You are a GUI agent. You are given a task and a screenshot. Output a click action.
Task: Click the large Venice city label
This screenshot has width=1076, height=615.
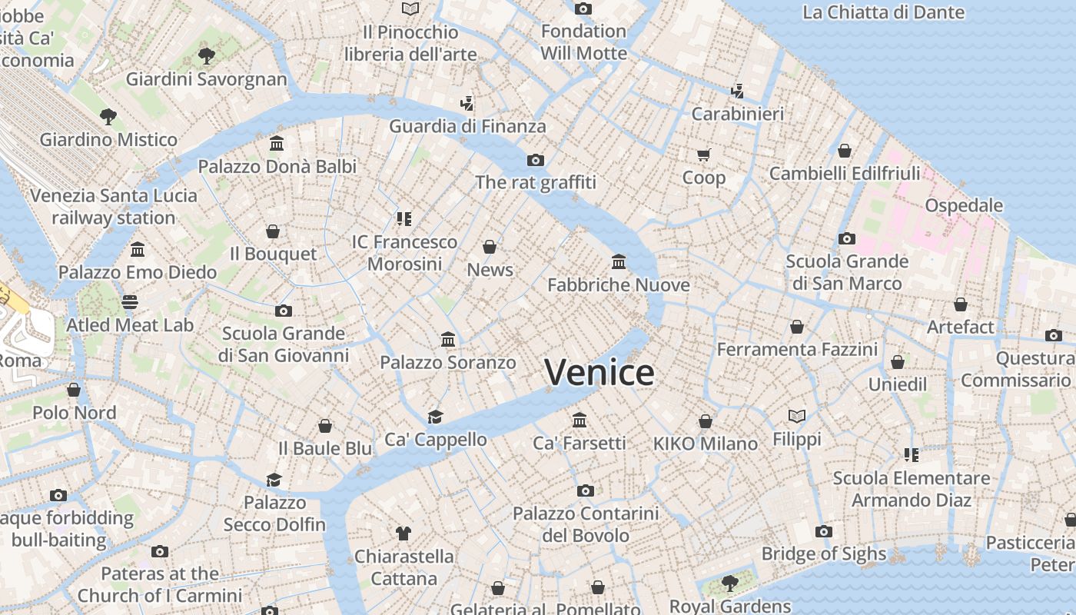(599, 373)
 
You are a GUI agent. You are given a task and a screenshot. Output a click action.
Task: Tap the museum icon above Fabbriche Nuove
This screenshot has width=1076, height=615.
(619, 262)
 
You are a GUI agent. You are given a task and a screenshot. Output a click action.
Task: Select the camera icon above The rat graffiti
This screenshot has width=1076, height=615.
(536, 160)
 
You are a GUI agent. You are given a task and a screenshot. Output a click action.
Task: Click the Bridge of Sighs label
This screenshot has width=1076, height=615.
(823, 553)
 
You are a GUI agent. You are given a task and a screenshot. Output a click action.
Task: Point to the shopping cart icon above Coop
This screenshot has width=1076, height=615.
(703, 155)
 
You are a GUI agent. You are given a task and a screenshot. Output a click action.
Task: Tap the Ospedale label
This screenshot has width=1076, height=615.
(964, 205)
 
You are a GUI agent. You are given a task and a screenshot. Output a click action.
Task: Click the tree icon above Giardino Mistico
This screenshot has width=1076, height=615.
(108, 117)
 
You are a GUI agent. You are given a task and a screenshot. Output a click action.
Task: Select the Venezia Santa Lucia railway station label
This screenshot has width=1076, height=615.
(114, 206)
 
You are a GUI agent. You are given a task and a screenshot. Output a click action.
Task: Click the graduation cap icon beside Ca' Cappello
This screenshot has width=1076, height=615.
(436, 417)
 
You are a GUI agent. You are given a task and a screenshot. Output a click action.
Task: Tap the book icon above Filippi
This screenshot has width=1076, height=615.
(797, 416)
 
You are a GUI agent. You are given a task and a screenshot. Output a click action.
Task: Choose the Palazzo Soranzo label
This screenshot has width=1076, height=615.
(448, 362)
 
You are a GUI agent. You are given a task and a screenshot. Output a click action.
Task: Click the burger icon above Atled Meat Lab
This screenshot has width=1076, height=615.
(130, 301)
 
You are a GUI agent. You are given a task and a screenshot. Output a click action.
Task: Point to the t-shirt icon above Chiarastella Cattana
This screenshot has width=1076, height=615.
(403, 533)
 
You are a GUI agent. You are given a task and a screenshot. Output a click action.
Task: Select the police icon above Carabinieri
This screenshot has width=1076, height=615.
(737, 91)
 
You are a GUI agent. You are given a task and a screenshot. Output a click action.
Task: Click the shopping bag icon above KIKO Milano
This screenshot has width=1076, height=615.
(706, 421)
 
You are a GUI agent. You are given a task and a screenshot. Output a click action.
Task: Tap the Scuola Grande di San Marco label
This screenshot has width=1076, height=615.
(847, 272)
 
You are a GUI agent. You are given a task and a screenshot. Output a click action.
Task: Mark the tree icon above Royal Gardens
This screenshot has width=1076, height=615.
(730, 583)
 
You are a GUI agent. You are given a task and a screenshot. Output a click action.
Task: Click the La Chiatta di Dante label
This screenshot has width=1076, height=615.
(883, 12)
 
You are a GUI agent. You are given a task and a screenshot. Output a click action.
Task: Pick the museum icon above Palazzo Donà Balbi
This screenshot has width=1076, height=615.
(277, 144)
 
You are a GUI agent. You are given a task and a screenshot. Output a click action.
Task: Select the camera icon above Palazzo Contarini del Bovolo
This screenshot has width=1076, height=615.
(586, 490)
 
